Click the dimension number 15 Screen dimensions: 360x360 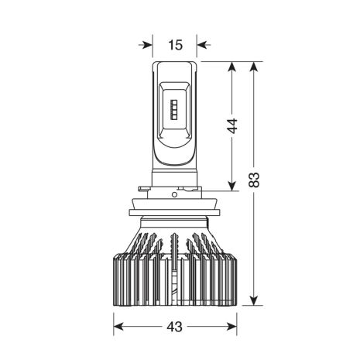176,45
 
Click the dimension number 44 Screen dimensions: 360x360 233,126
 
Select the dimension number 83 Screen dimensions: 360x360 255,180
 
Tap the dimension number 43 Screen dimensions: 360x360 175,327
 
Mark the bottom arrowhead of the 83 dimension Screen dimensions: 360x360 254,300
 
